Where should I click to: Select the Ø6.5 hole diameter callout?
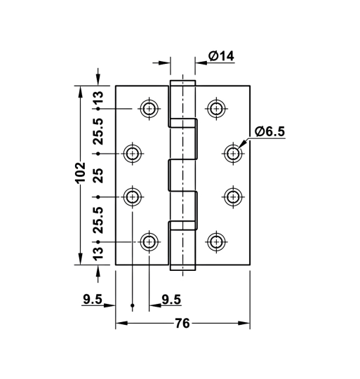pos(269,131)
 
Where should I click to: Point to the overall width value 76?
pos(182,324)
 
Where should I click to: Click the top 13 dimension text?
pos(98,98)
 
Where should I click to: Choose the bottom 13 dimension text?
pos(98,251)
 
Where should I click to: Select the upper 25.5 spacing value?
pos(98,131)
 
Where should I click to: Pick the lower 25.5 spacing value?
pos(98,219)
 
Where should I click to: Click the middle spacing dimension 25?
pos(98,175)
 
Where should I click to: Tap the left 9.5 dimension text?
pos(93,300)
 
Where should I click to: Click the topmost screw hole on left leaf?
pos(149,109)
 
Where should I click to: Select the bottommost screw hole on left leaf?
pos(149,242)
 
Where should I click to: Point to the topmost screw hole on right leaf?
pos(216,109)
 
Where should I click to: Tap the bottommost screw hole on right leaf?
pos(216,242)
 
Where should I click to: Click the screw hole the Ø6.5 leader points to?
pos(233,153)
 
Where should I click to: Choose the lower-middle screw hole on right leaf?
pos(233,197)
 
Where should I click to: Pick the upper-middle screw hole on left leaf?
pos(133,153)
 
